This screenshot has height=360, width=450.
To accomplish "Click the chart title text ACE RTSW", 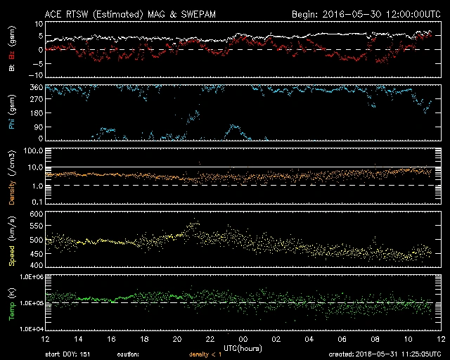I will (67, 13).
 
